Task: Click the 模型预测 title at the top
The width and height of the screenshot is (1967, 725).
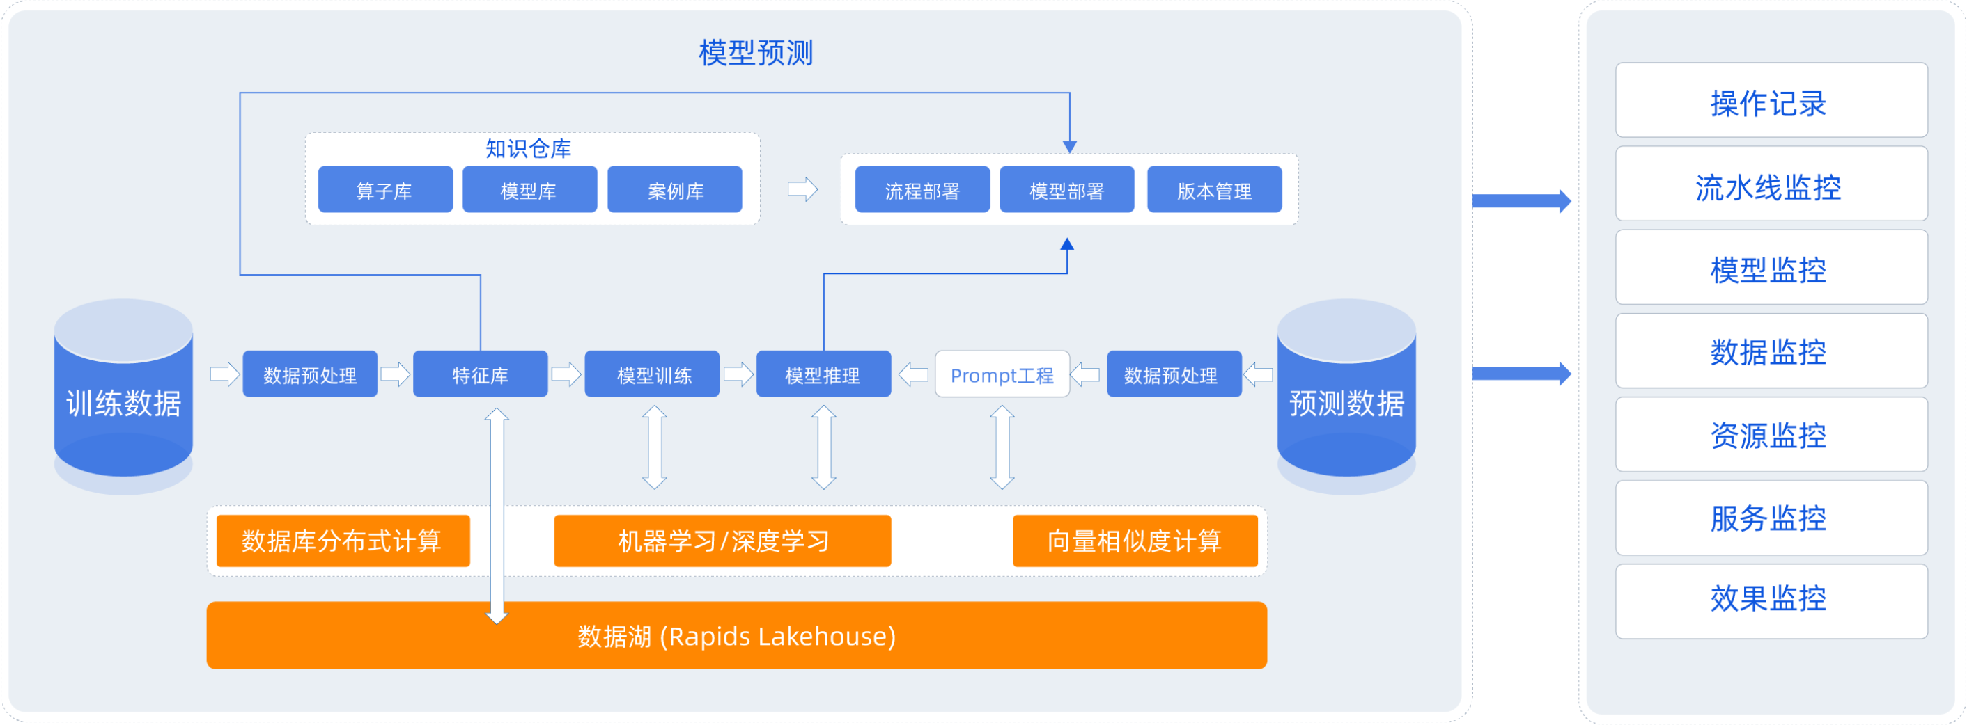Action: [755, 53]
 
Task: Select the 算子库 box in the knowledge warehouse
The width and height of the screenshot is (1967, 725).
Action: [385, 189]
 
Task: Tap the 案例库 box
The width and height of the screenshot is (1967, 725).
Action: [674, 189]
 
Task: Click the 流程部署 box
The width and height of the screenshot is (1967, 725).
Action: [922, 189]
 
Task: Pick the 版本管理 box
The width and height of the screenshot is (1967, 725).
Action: [1214, 189]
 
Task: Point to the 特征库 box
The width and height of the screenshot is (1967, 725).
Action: [481, 374]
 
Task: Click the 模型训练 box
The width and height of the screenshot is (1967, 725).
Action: [652, 374]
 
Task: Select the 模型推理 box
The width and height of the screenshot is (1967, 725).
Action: [824, 374]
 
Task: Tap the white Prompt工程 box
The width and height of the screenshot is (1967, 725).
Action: [1002, 374]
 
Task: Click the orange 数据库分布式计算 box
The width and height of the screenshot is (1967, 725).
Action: [343, 541]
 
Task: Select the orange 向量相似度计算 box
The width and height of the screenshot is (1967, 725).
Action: [1135, 541]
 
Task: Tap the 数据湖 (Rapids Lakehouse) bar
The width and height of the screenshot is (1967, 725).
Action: [737, 636]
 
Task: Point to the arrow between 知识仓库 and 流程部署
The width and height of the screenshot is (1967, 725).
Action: [802, 189]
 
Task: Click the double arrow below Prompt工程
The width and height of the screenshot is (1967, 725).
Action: [1002, 447]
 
